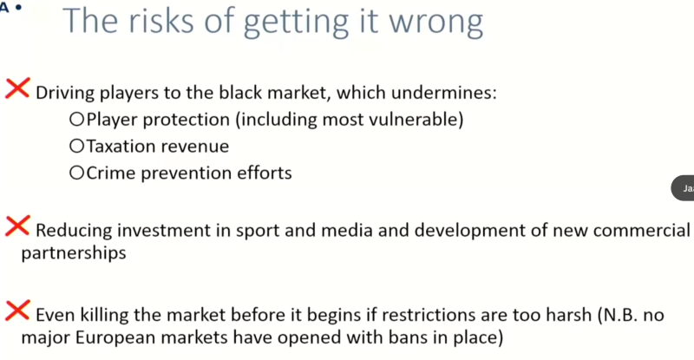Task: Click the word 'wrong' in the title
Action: pyautogui.click(x=435, y=23)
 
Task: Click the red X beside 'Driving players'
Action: pyautogui.click(x=17, y=88)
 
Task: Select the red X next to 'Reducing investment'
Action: pyautogui.click(x=17, y=226)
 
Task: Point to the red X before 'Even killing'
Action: pyautogui.click(x=17, y=310)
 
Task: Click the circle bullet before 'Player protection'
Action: pyautogui.click(x=76, y=119)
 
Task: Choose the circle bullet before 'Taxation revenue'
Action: pyautogui.click(x=76, y=146)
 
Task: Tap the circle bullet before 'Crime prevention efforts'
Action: pyautogui.click(x=76, y=173)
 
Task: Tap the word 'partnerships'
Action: pyautogui.click(x=74, y=253)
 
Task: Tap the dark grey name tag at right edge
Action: pyautogui.click(x=683, y=188)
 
